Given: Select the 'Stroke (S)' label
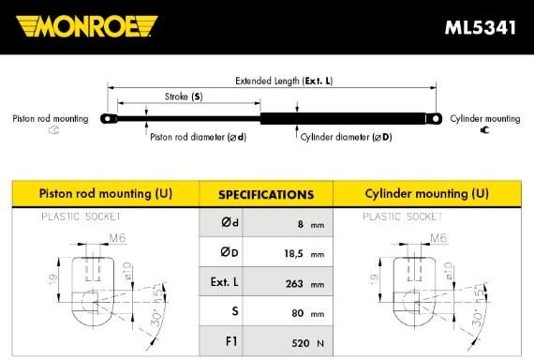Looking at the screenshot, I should (184, 97).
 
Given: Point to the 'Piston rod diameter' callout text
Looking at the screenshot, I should (198, 137).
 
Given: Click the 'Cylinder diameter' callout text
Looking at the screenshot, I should (346, 137).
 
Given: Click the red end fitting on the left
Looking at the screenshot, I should (110, 119).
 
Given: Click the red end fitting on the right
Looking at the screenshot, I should (436, 118).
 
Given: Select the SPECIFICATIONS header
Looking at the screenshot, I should (266, 195).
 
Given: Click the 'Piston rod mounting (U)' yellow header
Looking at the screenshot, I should (105, 194).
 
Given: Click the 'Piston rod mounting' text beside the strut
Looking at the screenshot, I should (50, 119).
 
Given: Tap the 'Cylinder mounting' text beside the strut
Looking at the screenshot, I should (484, 119).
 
